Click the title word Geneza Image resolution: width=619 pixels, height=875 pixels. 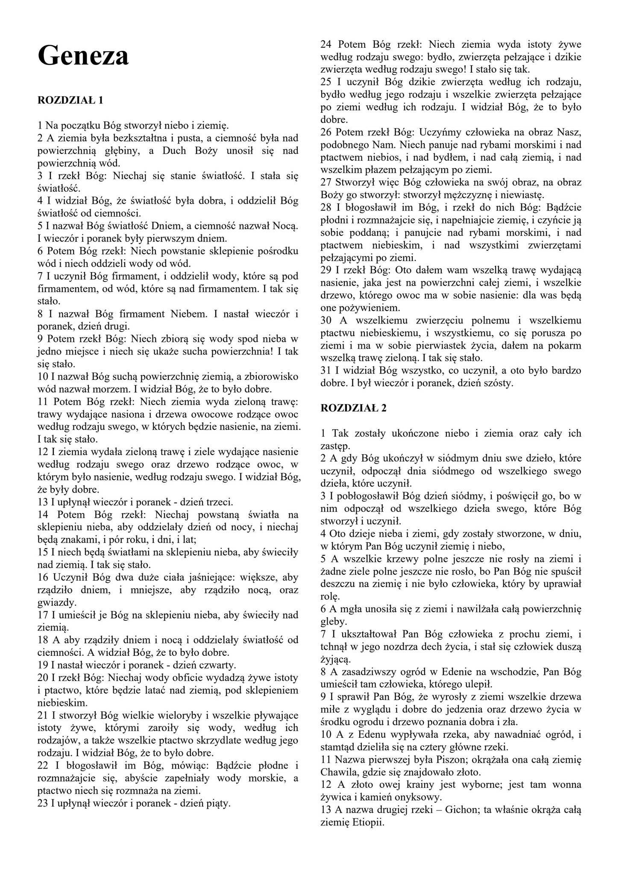83,56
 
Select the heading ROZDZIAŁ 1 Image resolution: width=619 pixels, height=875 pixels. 70,100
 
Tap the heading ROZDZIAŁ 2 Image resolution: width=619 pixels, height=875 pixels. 353,408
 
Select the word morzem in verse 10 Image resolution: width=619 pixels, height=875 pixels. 114,389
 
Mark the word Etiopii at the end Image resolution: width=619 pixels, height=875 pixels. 366,823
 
